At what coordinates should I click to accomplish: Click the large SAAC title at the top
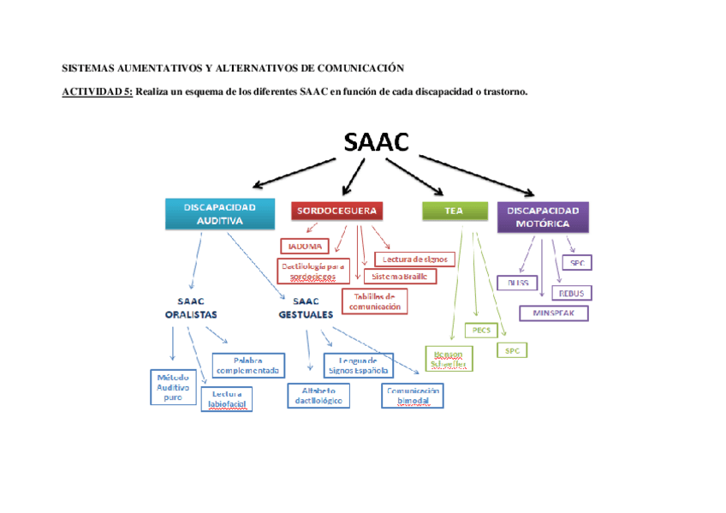point(376,142)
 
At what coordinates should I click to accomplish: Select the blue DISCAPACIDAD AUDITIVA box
point(219,213)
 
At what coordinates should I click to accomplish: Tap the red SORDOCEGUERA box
point(336,210)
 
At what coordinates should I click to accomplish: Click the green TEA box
point(454,211)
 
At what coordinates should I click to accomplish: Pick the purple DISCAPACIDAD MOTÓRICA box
point(543,217)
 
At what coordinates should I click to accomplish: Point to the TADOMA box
point(304,245)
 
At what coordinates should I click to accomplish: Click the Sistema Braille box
point(400,276)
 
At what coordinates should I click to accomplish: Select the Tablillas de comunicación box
point(374,301)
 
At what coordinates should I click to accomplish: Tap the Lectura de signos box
point(415,259)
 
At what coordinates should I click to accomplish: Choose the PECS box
point(479,330)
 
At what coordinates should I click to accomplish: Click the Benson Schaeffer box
point(449,358)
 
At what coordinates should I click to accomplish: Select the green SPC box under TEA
point(511,350)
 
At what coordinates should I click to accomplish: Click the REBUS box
point(571,293)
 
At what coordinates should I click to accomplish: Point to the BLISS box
point(514,283)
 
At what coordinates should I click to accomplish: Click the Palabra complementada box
point(247,366)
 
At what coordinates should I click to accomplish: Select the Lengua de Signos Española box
point(358,366)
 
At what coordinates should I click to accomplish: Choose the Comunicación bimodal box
point(413,395)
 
